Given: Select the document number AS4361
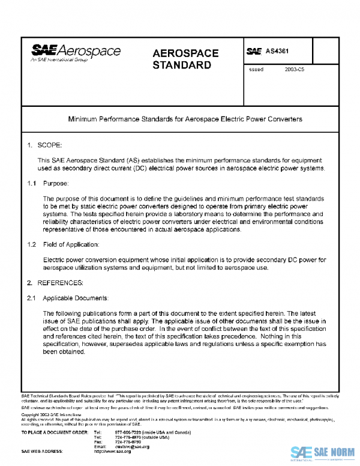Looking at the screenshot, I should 280,52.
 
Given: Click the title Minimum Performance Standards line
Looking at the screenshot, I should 185,119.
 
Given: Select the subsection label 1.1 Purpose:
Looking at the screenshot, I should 49,182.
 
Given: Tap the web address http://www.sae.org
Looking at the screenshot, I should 113,451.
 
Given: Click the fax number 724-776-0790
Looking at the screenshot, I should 125,442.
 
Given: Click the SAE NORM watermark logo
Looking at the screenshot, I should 324,453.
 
